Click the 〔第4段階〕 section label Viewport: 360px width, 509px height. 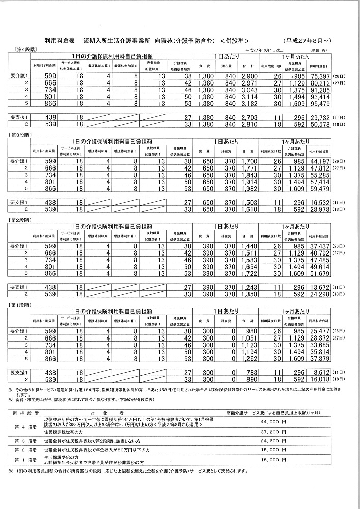pos(22,49)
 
